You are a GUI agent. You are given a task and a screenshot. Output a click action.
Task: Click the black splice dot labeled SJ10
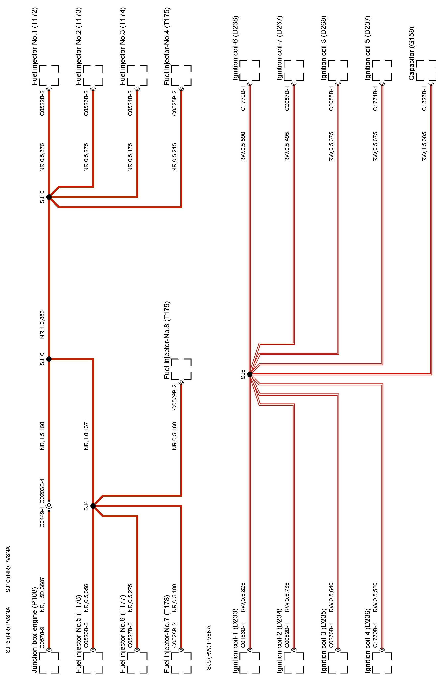(x=49, y=197)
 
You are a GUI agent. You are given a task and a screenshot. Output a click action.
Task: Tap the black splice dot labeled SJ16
(x=49, y=359)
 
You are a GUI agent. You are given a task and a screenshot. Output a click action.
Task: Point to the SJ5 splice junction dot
(x=250, y=374)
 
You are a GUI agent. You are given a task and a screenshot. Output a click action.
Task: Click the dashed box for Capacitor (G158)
(x=426, y=70)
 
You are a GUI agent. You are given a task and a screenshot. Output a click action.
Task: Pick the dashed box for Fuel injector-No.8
(x=181, y=369)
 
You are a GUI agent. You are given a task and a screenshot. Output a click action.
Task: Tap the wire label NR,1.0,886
(x=42, y=324)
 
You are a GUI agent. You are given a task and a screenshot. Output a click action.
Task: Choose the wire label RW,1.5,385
(x=424, y=146)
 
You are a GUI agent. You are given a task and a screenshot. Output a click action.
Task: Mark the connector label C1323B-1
(x=424, y=98)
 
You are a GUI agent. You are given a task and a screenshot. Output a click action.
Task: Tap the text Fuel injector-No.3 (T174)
(x=123, y=46)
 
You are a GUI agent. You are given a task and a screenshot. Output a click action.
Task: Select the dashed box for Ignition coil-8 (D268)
(x=338, y=70)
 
